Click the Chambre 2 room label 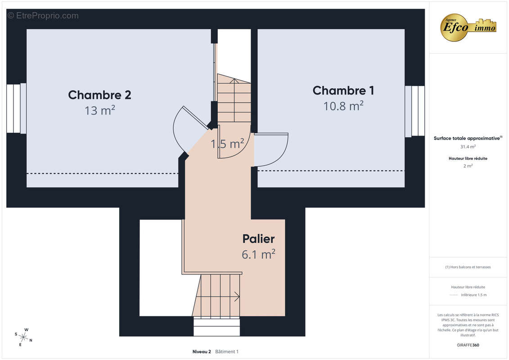pos(99,95)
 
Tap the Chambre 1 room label pos(343,90)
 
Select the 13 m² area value pos(99,110)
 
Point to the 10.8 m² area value pos(343,106)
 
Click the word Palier pos(258,239)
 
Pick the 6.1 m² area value pos(258,254)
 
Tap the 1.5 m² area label pos(227,144)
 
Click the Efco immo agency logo pos(468,27)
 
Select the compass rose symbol pos(23,337)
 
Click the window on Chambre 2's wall pos(16,108)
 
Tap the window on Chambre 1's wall pos(414,111)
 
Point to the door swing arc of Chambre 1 pos(283,154)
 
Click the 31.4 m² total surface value pos(468,147)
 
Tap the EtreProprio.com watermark pos(43,16)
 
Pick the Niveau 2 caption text pos(202,351)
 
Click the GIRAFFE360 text pos(468,345)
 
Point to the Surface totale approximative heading pos(468,138)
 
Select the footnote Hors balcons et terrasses pos(468,267)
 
